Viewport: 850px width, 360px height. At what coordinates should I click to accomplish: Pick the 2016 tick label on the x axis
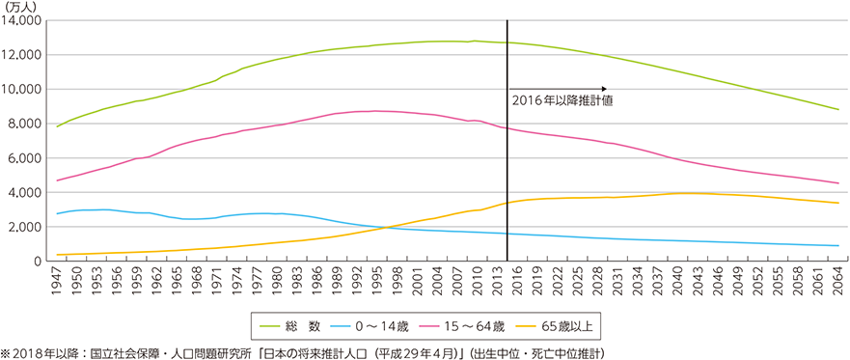518,282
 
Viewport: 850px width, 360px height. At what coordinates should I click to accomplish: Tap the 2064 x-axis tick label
837,282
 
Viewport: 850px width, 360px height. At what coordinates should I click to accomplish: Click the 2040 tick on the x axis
678,282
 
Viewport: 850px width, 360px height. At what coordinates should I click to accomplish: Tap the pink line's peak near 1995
376,111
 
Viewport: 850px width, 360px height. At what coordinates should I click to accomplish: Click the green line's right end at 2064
837,109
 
